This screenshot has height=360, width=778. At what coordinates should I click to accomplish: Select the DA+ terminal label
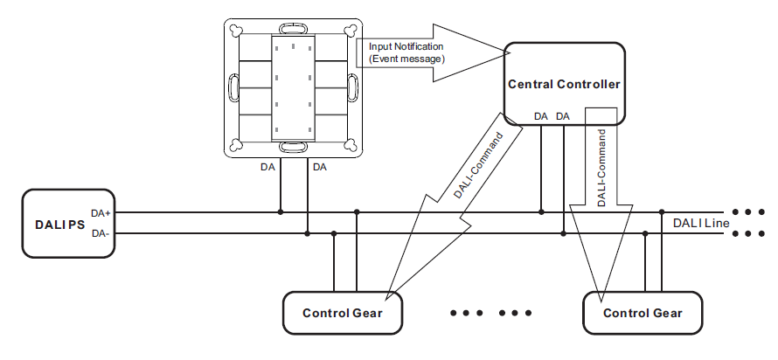point(101,212)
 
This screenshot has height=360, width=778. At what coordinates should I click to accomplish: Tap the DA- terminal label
point(100,234)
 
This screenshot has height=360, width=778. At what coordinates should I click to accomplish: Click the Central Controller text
point(564,85)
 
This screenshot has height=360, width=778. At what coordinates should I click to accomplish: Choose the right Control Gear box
point(643,313)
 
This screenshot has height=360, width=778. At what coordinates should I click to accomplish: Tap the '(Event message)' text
point(406,59)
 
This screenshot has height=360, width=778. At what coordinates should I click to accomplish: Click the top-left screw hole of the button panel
point(235,29)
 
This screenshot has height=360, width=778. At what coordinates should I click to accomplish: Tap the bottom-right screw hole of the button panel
point(349,145)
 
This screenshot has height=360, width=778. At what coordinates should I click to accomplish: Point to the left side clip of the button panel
point(233,87)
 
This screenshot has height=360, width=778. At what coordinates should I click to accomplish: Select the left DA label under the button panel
point(268,166)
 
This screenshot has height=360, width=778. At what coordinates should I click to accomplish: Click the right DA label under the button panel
point(320,166)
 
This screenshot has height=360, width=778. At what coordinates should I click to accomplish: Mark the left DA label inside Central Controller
point(541,116)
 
